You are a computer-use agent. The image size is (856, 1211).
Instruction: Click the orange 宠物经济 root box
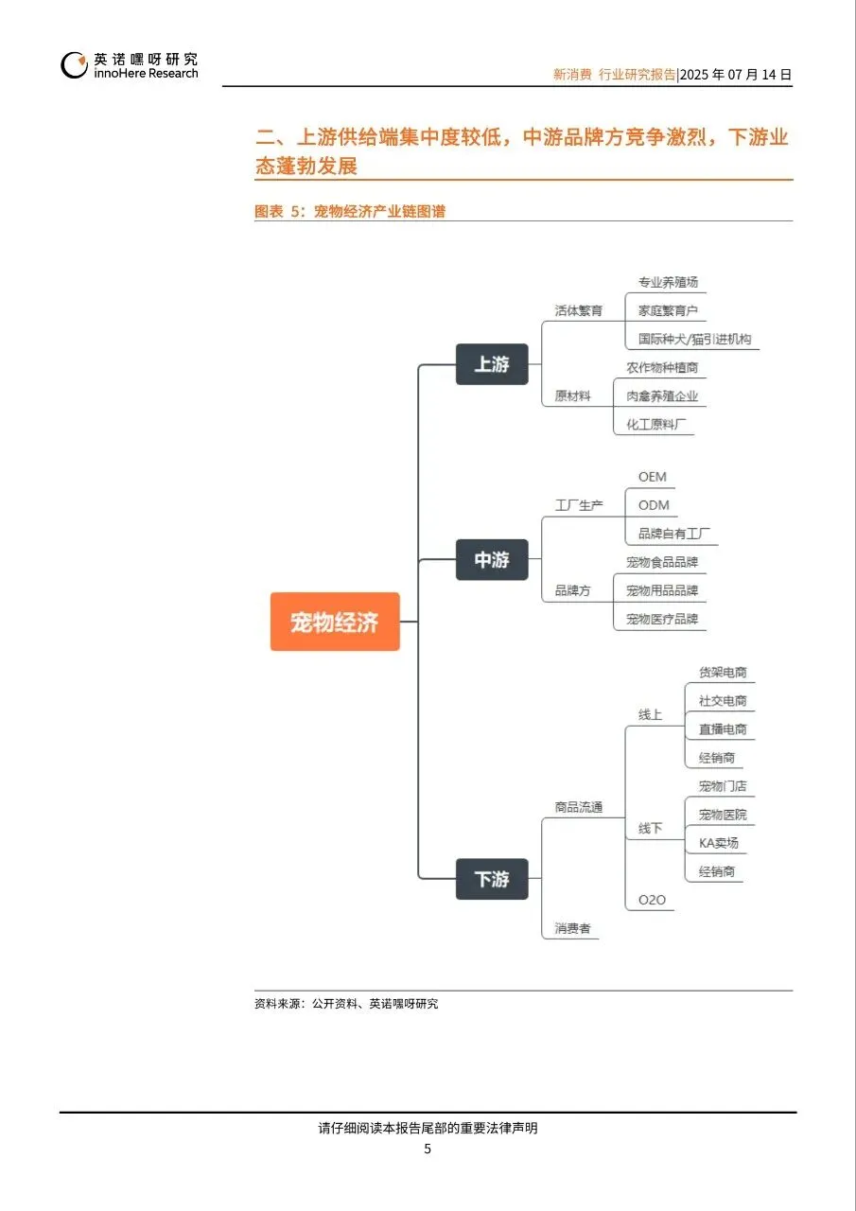pos(335,622)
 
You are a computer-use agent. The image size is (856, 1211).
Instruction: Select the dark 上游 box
pos(492,364)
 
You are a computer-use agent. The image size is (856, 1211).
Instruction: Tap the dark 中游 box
pos(492,560)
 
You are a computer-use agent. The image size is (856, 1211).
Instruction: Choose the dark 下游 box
pos(492,879)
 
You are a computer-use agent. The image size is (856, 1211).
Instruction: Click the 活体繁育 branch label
pos(578,310)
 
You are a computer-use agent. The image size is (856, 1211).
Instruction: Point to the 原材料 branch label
pos(572,396)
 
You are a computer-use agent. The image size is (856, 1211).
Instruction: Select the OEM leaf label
pos(652,477)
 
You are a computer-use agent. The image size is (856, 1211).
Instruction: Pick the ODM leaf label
pos(653,505)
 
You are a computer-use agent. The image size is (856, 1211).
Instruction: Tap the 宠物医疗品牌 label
pos(662,619)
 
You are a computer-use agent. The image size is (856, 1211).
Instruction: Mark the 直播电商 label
pos(723,729)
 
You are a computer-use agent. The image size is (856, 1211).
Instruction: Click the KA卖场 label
pos(719,843)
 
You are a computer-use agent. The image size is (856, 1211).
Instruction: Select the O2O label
pos(652,900)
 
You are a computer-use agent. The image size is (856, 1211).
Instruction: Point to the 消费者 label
pos(572,929)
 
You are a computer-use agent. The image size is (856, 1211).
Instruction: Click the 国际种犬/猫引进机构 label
pos(694,339)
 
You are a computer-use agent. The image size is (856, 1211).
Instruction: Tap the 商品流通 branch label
pos(578,808)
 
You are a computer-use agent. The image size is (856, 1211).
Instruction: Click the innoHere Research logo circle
pos(75,65)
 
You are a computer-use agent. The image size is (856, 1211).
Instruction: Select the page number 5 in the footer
pos(428,1149)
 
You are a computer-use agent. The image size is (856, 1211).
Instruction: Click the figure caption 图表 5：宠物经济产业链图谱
pos(350,212)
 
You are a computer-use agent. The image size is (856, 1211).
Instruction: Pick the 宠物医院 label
pos(723,815)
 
